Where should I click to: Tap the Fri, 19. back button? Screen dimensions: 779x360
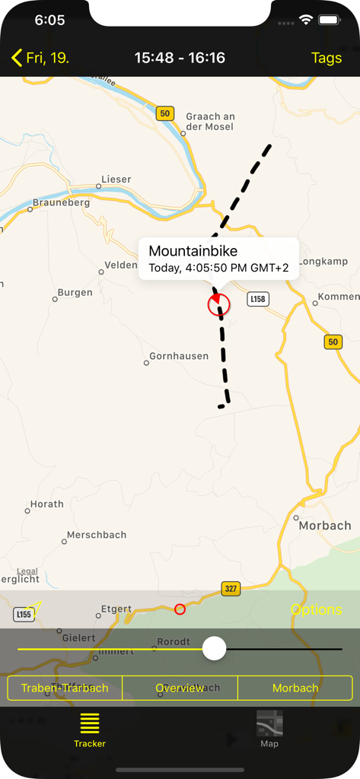(x=40, y=58)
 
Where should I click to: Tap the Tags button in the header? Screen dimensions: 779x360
(x=327, y=58)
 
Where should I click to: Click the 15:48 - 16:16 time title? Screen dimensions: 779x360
(x=180, y=58)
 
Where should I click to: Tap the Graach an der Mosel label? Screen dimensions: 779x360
(x=210, y=122)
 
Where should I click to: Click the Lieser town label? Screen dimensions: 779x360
(x=116, y=180)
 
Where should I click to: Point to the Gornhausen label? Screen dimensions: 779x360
(x=179, y=356)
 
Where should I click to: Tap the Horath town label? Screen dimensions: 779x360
(x=47, y=504)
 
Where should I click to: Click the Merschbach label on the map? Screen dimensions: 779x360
(x=97, y=535)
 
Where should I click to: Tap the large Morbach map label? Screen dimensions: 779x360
(x=325, y=526)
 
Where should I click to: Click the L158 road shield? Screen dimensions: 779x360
(x=258, y=299)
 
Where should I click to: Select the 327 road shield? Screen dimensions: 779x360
(x=231, y=589)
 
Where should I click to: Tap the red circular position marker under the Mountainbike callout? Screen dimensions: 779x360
(x=218, y=305)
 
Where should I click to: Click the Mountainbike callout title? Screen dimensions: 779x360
(x=193, y=251)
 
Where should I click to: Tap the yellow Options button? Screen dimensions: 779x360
(x=317, y=609)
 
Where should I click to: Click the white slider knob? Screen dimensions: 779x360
(x=215, y=649)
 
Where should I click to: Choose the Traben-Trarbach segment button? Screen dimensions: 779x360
(x=65, y=688)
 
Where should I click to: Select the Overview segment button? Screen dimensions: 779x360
(x=180, y=688)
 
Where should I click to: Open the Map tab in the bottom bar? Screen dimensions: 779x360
(x=269, y=727)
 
